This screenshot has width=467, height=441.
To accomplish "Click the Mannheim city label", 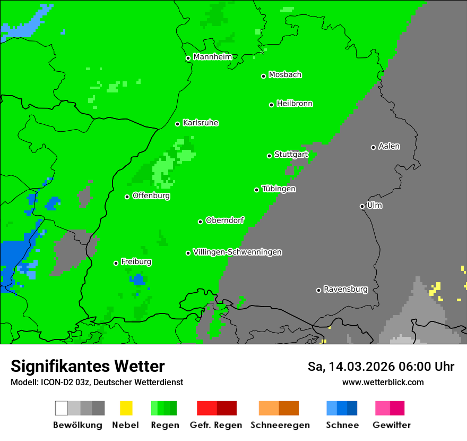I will pyautogui.click(x=212, y=57).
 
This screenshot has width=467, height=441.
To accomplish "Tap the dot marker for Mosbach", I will pyautogui.click(x=263, y=76).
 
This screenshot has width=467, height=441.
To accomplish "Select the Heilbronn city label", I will pyautogui.click(x=295, y=104).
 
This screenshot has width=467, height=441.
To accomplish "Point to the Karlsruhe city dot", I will pyautogui.click(x=178, y=124).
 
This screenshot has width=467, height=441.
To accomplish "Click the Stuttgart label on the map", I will pyautogui.click(x=291, y=155).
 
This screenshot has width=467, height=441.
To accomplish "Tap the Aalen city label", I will pyautogui.click(x=389, y=146).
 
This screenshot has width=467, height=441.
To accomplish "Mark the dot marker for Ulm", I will pyautogui.click(x=362, y=206).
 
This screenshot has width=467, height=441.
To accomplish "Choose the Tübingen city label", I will pyautogui.click(x=279, y=189).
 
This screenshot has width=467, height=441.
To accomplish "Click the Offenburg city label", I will pyautogui.click(x=151, y=196).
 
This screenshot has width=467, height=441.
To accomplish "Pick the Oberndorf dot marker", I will pyautogui.click(x=200, y=222).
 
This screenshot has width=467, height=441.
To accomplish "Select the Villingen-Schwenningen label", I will pyautogui.click(x=237, y=252).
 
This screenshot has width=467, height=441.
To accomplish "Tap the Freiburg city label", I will pyautogui.click(x=136, y=262).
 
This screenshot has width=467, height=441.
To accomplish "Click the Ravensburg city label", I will pyautogui.click(x=345, y=289).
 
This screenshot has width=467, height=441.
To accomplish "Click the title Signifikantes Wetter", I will pyautogui.click(x=88, y=366).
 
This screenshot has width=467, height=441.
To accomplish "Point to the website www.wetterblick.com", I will pyautogui.click(x=383, y=382).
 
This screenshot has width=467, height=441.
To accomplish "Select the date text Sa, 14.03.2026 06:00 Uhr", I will pyautogui.click(x=380, y=367).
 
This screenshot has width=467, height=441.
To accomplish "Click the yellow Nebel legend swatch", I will pyautogui.click(x=126, y=408).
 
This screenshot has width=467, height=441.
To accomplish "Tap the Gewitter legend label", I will pyautogui.click(x=391, y=425).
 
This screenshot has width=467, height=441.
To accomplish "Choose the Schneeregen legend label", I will pyautogui.click(x=280, y=425).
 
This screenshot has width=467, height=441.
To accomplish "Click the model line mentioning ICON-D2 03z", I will pyautogui.click(x=97, y=382).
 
